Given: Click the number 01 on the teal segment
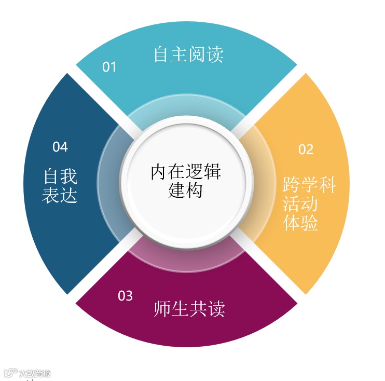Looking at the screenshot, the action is (109, 67).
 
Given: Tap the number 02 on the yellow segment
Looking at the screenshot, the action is (306, 149).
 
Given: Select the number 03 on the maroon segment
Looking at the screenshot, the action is (125, 296).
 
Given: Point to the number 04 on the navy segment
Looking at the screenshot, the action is (60, 147).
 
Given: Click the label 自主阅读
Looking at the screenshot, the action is (188, 55).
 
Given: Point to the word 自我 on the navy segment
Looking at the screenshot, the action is (60, 177).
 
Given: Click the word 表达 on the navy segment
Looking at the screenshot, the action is (60, 196).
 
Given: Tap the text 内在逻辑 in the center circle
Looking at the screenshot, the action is (186, 172).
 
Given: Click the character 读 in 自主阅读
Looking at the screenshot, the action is (215, 55).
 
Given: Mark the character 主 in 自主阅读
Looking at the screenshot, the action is (180, 55).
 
